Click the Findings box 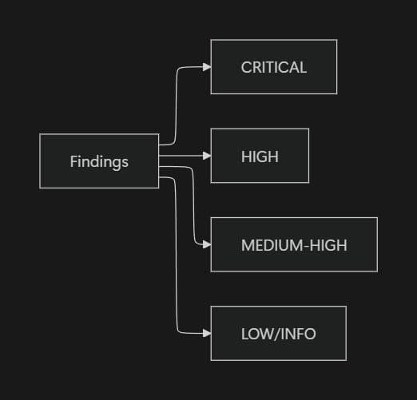(x=99, y=161)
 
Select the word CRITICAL (x=273, y=68)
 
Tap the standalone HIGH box (x=260, y=156)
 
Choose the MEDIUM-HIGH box (x=294, y=245)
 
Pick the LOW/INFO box (x=278, y=334)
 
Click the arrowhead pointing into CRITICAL (x=207, y=68)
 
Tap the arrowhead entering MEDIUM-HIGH (x=207, y=245)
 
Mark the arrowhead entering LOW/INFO (x=207, y=334)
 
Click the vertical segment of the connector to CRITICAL (x=176, y=104)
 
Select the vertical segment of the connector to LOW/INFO (x=176, y=255)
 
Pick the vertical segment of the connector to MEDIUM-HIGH (x=194, y=208)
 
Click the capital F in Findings (x=73, y=161)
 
